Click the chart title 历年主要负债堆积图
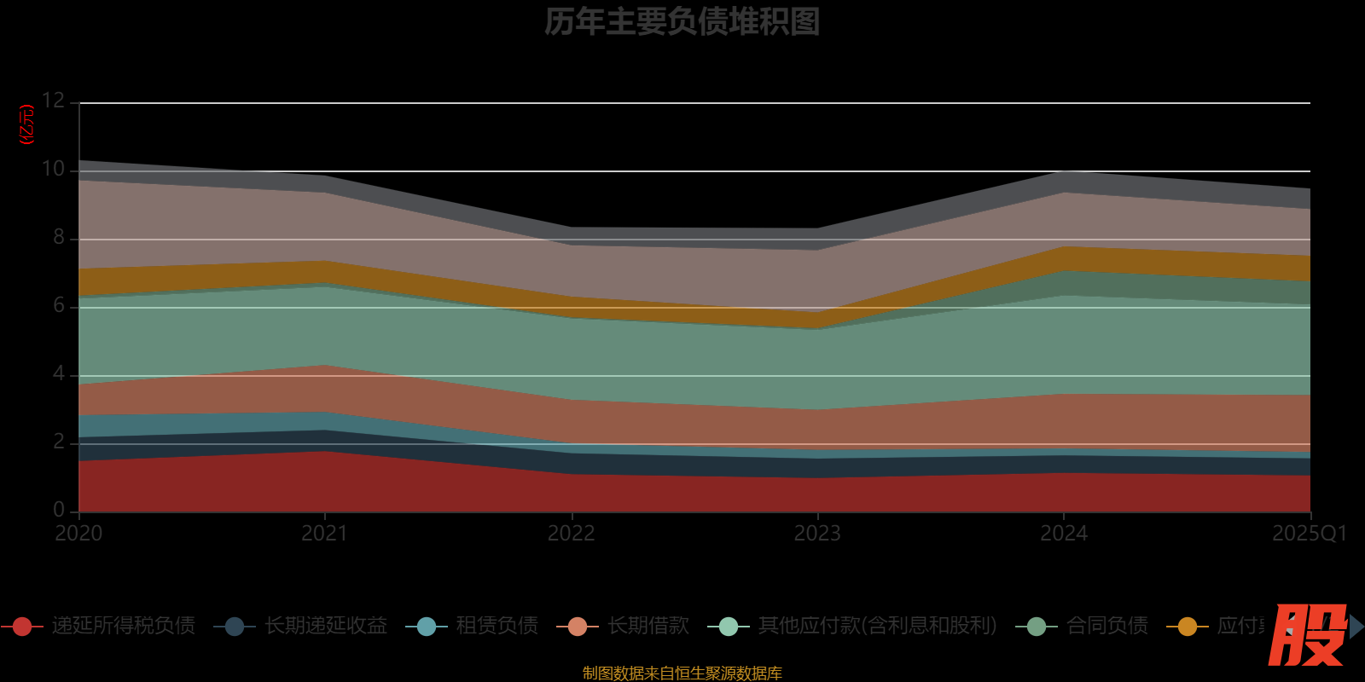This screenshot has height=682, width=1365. pos(682,22)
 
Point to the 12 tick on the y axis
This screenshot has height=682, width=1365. pos(53,101)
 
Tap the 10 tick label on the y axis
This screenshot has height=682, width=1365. pos(53,169)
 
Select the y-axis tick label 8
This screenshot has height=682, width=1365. pos(58,237)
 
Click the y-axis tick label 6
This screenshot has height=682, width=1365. pos(58,305)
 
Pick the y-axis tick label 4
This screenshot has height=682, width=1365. pos(58,373)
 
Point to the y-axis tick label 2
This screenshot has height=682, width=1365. pos(58,442)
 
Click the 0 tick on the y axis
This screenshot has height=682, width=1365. pos(58,510)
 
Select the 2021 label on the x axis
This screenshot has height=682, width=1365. pos(325,534)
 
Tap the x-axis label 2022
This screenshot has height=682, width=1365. pos(571,534)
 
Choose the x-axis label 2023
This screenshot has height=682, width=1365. pos(817,534)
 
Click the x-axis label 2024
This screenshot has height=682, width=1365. pos(1063,534)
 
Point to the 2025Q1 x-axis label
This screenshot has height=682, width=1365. pos(1309,534)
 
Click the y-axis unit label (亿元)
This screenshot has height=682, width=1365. pos(27,124)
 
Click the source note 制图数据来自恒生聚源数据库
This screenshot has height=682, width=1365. pos(682,673)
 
